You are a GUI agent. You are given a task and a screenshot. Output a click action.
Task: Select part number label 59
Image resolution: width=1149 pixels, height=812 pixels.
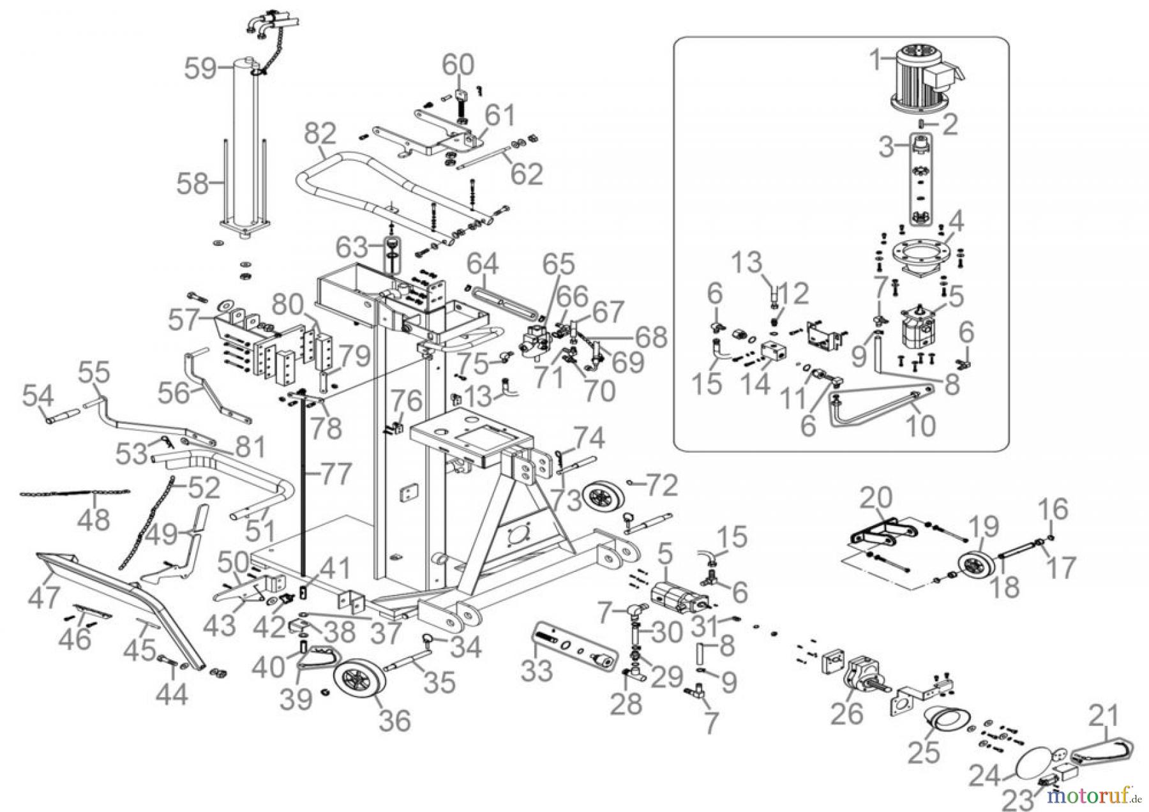[x=201, y=68]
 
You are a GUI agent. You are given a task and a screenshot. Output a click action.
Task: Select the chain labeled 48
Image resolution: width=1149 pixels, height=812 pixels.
[x=73, y=493]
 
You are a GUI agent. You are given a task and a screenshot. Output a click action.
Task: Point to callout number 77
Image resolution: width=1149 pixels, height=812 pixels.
[x=335, y=474]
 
